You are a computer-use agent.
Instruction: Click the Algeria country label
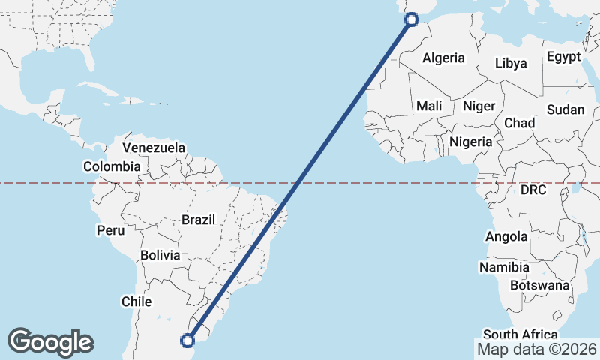click(443, 58)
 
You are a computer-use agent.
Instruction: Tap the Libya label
click(516, 64)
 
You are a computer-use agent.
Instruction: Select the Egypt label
click(563, 57)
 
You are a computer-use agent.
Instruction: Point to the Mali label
click(429, 106)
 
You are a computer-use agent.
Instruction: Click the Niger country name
click(478, 106)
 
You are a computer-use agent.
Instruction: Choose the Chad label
click(519, 122)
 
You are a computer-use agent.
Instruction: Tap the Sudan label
click(565, 109)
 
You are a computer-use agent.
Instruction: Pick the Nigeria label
click(471, 141)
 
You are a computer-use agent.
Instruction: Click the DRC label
click(533, 190)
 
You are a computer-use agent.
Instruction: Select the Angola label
click(506, 237)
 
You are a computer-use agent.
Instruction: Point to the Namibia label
click(505, 267)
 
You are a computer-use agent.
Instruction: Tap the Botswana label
click(539, 285)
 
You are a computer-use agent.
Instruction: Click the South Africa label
click(520, 334)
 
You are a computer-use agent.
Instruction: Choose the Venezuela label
click(154, 148)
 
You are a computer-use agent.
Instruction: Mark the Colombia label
click(112, 166)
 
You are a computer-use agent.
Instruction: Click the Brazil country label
click(198, 220)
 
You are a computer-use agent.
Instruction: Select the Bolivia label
click(160, 255)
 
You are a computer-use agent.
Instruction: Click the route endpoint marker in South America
click(187, 340)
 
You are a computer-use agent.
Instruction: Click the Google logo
click(50, 342)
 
